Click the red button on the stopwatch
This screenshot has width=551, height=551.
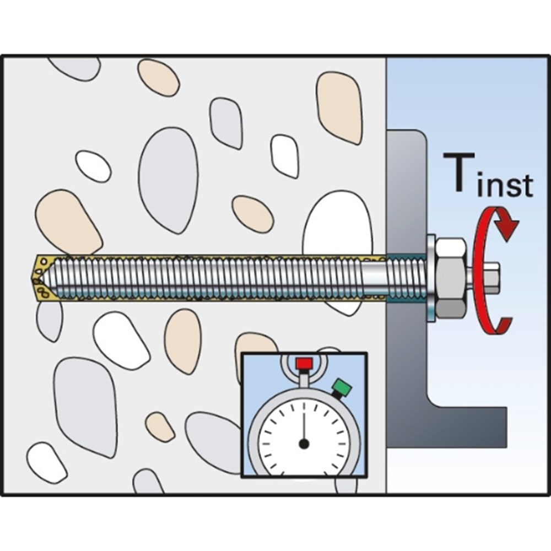pos(304,364)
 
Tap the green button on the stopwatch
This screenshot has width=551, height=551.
pos(343,387)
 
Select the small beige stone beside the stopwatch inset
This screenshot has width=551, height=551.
pos(159,425)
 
